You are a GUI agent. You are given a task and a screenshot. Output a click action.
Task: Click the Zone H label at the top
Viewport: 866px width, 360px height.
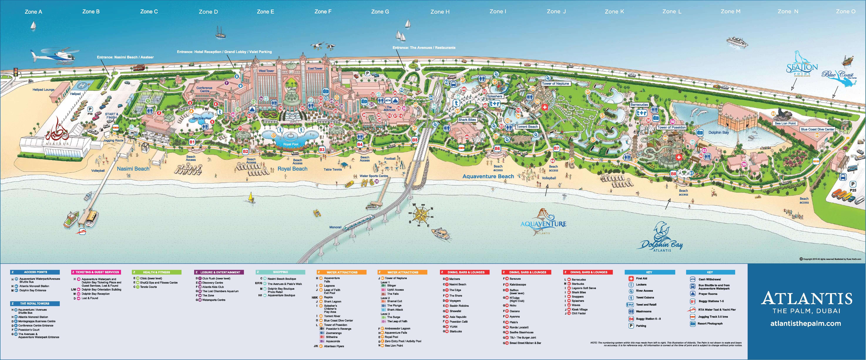pyautogui.click(x=440, y=12)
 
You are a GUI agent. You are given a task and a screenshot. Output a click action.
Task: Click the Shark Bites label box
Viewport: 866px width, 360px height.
pyautogui.click(x=467, y=120)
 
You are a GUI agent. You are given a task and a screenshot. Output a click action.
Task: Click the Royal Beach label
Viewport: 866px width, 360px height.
pyautogui.click(x=293, y=169)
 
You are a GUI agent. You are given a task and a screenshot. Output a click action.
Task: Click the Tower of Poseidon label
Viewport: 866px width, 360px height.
pyautogui.click(x=671, y=127)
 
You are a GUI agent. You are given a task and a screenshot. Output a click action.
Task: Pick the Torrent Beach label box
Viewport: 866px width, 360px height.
pyautogui.click(x=527, y=127)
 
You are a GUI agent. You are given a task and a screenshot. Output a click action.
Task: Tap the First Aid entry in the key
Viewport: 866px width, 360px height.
pyautogui.click(x=641, y=278)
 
